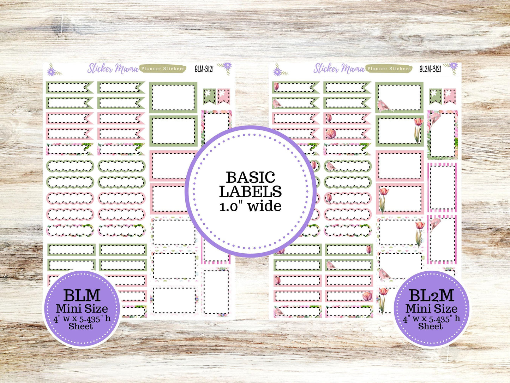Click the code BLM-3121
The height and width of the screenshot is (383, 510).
204,69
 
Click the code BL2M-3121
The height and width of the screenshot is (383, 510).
430,69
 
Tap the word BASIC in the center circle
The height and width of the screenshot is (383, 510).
250,177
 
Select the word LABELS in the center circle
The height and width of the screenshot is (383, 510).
250,191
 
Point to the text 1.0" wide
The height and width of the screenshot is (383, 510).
250,206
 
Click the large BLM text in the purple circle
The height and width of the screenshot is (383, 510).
82,295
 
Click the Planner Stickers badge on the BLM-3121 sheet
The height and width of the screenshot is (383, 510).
163,69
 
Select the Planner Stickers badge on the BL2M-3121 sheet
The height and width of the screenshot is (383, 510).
389,69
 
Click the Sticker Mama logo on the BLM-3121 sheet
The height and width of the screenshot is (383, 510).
113,68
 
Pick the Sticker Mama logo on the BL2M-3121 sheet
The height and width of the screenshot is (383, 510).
339,68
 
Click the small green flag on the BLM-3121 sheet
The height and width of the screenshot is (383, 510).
209,96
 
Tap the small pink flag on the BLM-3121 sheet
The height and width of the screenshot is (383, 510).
224,96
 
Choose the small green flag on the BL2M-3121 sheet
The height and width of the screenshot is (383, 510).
435,96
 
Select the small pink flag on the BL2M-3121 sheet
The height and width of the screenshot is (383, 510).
450,96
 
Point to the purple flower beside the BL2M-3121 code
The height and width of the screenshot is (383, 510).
452,66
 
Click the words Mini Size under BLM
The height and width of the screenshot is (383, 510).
82,308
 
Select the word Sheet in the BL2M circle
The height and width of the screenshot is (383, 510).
431,326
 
